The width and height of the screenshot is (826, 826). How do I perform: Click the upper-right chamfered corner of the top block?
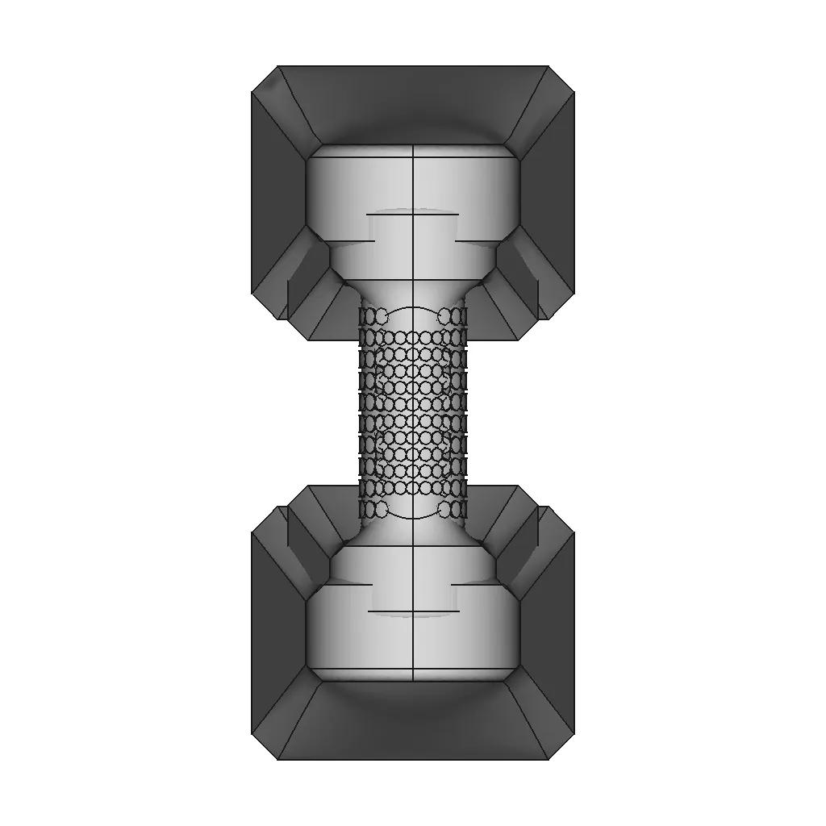point(561,79)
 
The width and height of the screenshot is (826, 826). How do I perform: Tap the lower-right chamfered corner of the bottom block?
point(561,746)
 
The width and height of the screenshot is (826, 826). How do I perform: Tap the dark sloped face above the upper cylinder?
point(413,105)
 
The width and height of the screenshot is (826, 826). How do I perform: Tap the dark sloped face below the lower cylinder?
point(413,722)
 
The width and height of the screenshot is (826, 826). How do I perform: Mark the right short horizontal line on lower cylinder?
point(476,584)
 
